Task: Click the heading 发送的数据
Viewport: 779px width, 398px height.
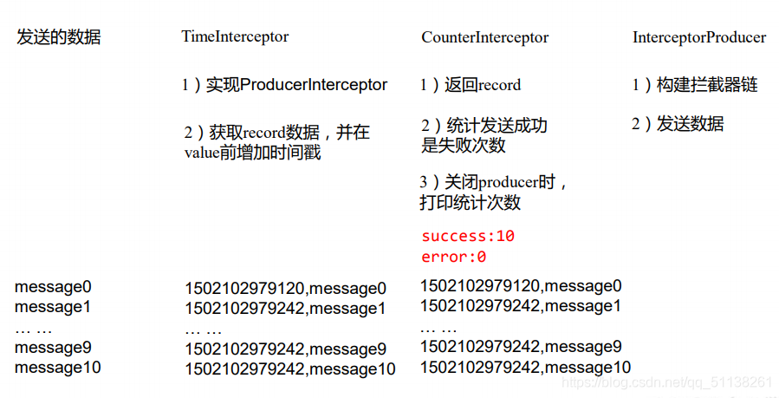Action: pos(59,37)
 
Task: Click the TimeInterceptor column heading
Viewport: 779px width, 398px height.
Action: pos(235,37)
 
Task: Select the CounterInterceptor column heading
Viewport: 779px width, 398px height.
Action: pos(485,37)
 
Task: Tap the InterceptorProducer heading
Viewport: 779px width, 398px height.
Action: pos(699,37)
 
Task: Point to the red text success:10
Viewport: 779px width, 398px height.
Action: pos(468,236)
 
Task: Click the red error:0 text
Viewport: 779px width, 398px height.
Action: pos(453,257)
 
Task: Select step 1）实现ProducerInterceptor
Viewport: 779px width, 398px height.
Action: pos(284,85)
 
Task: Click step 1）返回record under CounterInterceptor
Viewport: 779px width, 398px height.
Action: pos(471,85)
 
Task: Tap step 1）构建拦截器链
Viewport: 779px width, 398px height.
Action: pos(694,85)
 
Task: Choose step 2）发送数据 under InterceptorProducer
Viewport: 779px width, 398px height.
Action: pos(678,124)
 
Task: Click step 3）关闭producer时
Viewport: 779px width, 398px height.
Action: pos(493,183)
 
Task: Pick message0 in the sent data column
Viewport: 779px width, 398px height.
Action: pos(53,286)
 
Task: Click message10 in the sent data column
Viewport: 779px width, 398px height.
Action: pos(57,368)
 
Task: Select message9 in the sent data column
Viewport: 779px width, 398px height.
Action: pos(53,348)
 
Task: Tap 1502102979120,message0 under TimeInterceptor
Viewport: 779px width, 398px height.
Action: pos(285,288)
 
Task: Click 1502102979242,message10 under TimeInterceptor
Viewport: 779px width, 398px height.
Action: pos(289,369)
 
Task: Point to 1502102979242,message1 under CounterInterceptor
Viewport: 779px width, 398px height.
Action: pos(521,306)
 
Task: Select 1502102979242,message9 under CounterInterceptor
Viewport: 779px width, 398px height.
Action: pos(521,347)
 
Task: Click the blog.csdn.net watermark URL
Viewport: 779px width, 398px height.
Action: pos(666,382)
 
